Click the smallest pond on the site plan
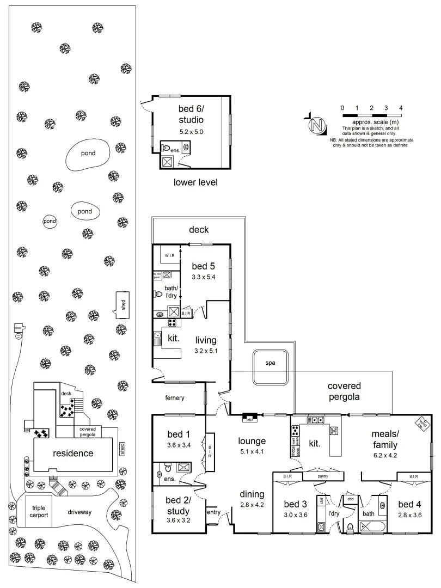tap(50, 222)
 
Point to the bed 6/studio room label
tap(191, 114)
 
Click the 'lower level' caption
tap(195, 182)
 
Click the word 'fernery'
tap(174, 398)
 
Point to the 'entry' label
tap(213, 512)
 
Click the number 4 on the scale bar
tap(401, 108)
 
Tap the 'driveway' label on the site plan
tap(80, 512)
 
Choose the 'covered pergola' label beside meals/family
tap(344, 391)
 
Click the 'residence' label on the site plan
tap(73, 454)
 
